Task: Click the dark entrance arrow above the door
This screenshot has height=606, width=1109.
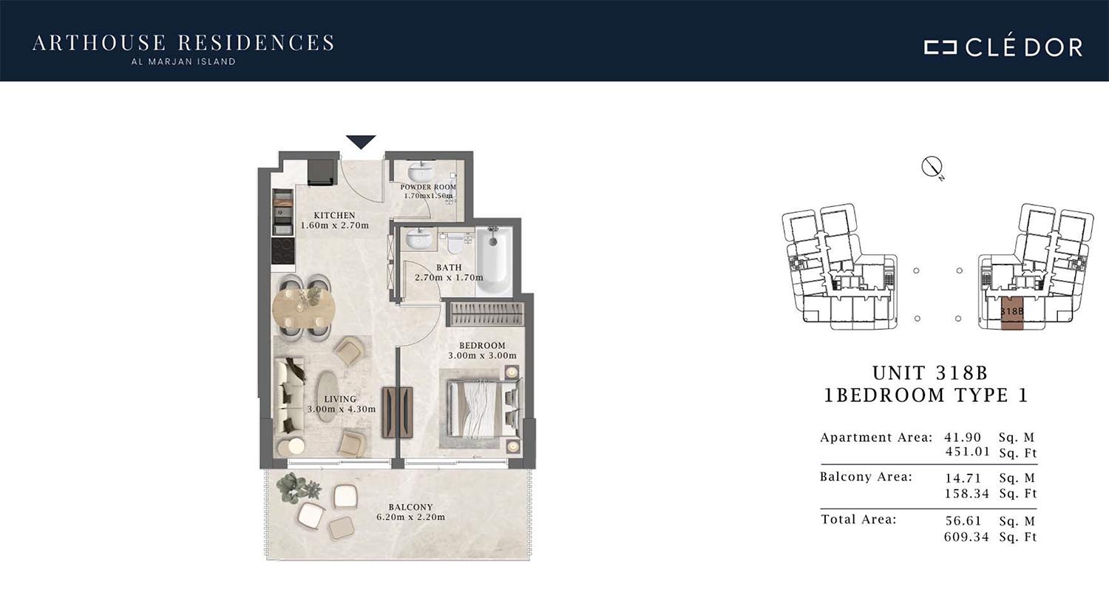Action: (x=361, y=141)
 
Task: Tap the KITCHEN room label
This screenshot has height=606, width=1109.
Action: (x=335, y=215)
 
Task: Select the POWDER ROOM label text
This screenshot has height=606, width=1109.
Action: (x=428, y=187)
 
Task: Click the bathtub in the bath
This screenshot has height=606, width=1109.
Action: (x=494, y=261)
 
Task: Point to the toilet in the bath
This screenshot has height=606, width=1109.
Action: (x=454, y=242)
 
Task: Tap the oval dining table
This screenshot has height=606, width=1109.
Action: (x=304, y=307)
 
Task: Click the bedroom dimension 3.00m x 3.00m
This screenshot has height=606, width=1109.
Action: (x=482, y=355)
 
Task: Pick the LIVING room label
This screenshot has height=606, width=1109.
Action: (x=340, y=399)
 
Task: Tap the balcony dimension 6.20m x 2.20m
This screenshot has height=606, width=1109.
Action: (x=410, y=517)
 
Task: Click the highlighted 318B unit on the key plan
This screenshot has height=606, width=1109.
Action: (x=1011, y=313)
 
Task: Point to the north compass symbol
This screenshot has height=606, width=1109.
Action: (x=932, y=167)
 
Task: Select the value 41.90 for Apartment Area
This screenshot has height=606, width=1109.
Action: (x=963, y=438)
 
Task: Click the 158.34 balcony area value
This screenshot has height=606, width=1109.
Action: (x=966, y=493)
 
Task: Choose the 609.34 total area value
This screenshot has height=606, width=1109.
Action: (x=966, y=537)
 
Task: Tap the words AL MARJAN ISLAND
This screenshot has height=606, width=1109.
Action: (x=183, y=62)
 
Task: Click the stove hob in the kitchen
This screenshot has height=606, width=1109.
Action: (x=282, y=251)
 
